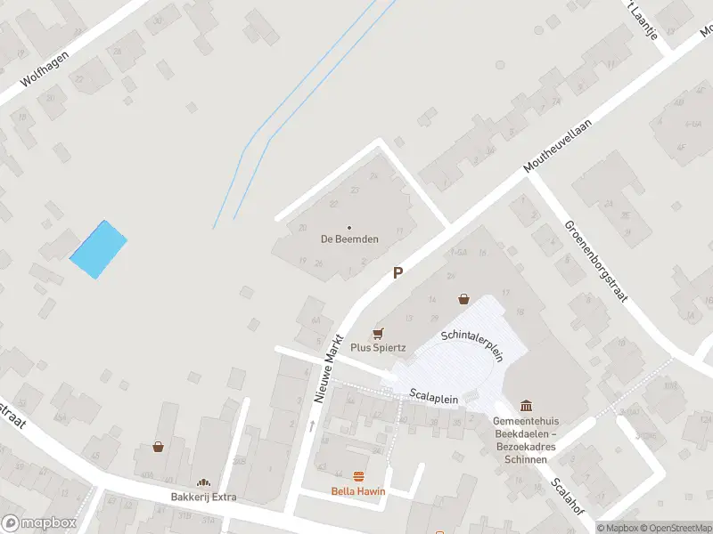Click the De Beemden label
point(348,239)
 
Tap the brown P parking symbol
point(398,274)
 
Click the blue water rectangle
point(98,249)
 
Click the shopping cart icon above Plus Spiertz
point(378,333)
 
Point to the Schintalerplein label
point(472,344)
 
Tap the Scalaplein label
point(434,398)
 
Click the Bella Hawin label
point(359,491)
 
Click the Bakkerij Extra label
point(204,497)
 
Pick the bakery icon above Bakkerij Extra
point(204,482)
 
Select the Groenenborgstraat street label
point(596,260)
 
